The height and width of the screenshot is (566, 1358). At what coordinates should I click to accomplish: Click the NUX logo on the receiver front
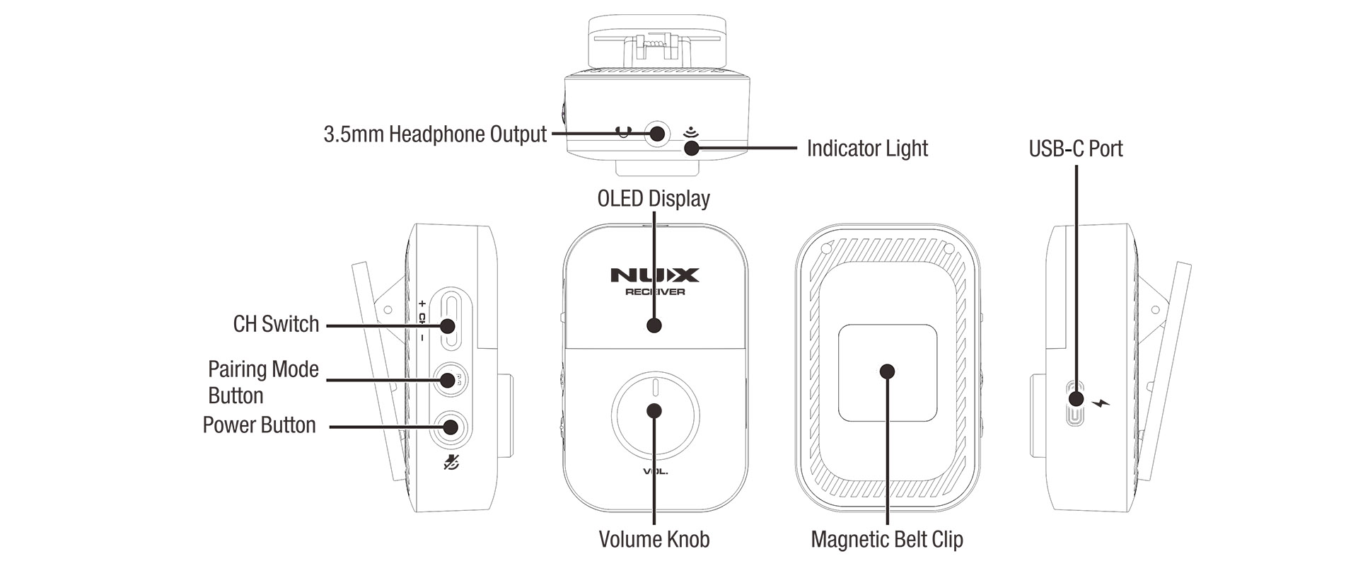[x=654, y=275]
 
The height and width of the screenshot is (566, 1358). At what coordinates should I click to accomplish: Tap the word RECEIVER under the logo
[x=655, y=291]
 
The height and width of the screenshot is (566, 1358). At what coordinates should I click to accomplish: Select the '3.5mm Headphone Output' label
[x=435, y=134]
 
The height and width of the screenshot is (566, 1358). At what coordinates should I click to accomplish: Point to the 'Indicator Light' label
[x=867, y=149]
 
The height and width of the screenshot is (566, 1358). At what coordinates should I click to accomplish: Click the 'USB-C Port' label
[x=1075, y=149]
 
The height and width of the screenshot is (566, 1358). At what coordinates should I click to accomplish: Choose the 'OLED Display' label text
[x=654, y=199]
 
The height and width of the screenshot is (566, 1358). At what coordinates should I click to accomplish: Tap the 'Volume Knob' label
[x=654, y=539]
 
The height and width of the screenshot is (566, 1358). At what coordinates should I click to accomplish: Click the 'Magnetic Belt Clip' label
[x=887, y=539]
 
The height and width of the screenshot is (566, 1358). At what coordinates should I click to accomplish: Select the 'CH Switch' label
[x=276, y=324]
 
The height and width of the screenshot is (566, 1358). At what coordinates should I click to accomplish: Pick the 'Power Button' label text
[x=259, y=425]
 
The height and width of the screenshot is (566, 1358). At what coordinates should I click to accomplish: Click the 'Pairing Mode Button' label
[x=263, y=382]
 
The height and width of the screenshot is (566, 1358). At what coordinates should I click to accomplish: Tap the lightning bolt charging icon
[x=1101, y=403]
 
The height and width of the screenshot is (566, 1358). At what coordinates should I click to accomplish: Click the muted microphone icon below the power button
[x=451, y=463]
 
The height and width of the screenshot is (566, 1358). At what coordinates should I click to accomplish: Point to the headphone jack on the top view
[x=657, y=132]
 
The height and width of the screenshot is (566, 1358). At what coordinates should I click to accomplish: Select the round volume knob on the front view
[x=655, y=415]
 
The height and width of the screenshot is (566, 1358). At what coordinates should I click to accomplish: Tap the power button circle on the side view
[x=450, y=427]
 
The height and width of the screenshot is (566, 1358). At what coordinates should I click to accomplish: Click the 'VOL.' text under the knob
[x=655, y=471]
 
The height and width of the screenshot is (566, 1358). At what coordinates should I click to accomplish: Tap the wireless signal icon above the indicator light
[x=691, y=132]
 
